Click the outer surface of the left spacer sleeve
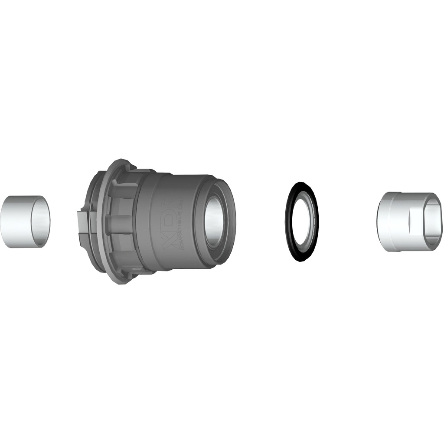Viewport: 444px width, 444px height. click(x=20, y=221)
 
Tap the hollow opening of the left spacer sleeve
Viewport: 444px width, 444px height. click(x=42, y=221)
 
